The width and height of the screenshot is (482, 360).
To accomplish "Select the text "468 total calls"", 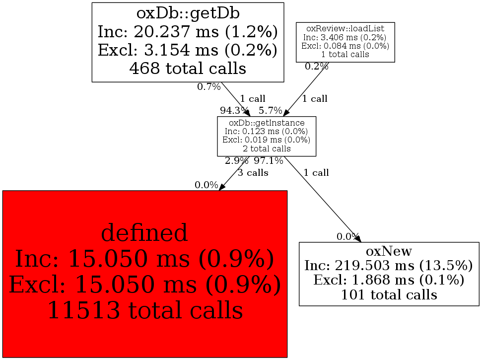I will click(187, 68).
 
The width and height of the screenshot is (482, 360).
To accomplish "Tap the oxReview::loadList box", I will click(345, 42).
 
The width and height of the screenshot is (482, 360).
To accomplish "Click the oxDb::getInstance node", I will click(267, 136).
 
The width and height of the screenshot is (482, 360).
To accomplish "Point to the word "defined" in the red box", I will click(144, 232).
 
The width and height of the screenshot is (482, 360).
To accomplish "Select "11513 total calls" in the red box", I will click(145, 310).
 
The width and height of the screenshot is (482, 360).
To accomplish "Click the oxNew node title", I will click(389, 251).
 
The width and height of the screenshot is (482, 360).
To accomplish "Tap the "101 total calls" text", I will click(389, 295).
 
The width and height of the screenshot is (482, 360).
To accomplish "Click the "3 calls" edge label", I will click(253, 173).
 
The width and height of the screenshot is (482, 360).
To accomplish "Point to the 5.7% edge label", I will click(271, 110).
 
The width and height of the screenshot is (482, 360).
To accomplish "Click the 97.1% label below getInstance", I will click(269, 161).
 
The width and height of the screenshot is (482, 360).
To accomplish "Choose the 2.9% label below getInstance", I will click(236, 161).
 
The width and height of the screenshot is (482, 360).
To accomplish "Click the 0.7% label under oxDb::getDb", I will click(208, 87).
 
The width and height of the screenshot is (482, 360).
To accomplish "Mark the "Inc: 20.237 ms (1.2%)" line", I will click(187, 32).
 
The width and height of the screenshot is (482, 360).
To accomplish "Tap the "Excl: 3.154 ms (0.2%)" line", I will click(187, 50).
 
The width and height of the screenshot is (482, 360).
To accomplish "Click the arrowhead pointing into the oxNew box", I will click(357, 239).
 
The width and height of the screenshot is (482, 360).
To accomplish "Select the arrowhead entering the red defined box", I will click(222, 187).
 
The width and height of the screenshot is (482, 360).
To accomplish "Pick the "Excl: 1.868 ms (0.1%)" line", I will click(389, 280).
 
